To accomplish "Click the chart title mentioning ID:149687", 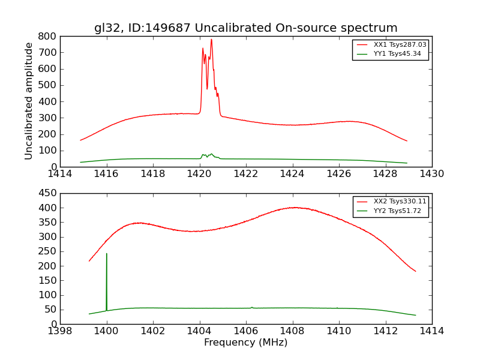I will coord(245,28).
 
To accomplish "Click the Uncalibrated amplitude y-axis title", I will coord(29,101).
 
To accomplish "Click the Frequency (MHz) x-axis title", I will coord(245,343).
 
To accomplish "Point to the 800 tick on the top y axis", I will coord(47,36).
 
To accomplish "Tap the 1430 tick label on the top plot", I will coord(431,174).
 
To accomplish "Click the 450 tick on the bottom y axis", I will coord(47,193).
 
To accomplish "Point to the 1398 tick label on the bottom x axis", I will coord(60,331).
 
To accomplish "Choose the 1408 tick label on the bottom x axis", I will coord(292,331).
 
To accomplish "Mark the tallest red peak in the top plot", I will coord(211,40).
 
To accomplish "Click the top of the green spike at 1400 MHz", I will coord(107,253).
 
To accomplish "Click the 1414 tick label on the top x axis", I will coord(60,174).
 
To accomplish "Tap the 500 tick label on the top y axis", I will coord(47,85).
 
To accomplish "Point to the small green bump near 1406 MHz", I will coord(251,307).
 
